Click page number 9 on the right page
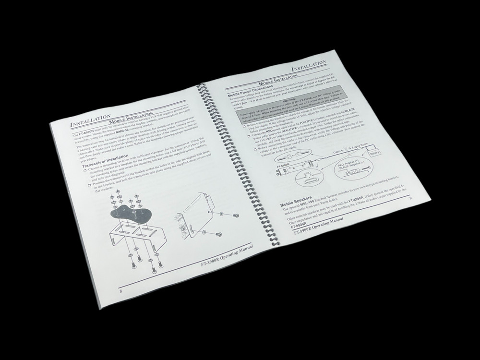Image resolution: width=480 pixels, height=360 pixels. point(410,198)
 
